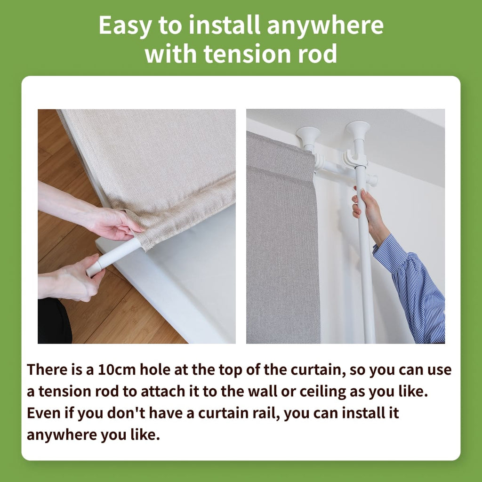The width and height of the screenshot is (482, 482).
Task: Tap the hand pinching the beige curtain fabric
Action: [x=112, y=223]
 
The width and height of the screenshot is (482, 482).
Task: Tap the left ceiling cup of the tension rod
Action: [x=308, y=137]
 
